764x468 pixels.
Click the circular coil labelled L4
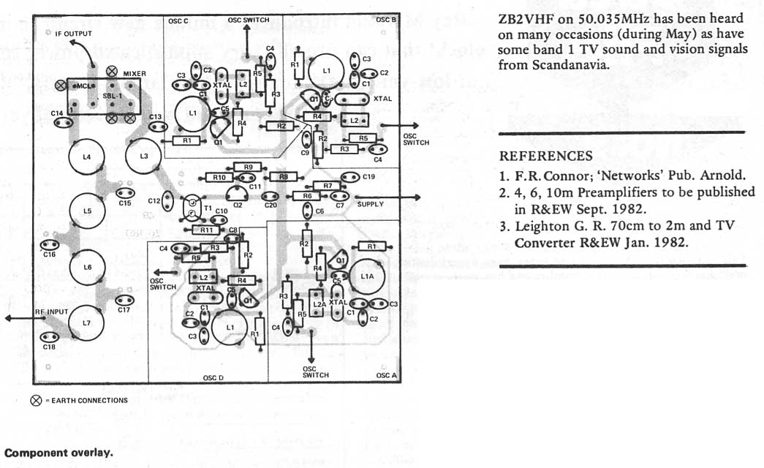tap(87, 156)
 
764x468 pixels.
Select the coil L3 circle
tap(143, 156)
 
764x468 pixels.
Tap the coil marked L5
tap(87, 211)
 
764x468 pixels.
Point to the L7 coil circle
tap(87, 322)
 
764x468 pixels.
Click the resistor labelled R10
tap(219, 178)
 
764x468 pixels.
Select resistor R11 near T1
tap(208, 230)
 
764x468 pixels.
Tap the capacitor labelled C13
tap(155, 127)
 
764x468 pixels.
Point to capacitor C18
tap(49, 337)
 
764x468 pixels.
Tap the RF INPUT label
tap(51, 312)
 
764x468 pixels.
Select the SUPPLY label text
tap(371, 205)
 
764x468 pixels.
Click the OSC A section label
tap(386, 375)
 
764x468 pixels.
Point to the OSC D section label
tap(213, 378)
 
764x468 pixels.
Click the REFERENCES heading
tap(545, 156)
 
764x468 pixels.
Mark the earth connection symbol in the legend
tap(35, 400)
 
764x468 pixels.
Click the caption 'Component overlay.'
tap(58, 452)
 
